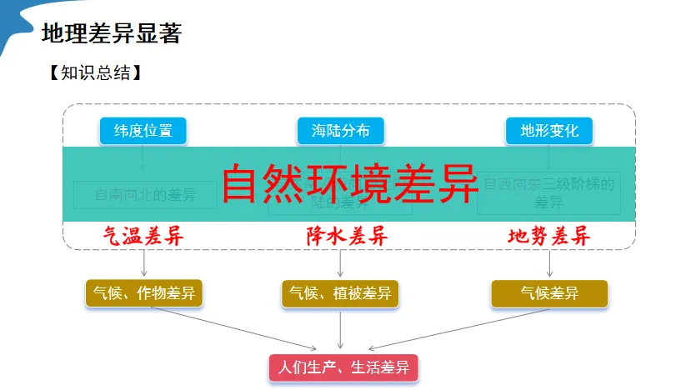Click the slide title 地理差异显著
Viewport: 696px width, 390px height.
111,34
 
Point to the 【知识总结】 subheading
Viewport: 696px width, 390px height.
94,72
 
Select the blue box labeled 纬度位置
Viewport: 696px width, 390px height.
143,131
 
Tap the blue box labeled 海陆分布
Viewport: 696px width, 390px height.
340,131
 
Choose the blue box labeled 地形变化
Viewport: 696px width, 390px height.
549,131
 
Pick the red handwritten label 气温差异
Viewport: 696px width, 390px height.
143,236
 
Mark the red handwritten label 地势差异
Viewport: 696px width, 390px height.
549,236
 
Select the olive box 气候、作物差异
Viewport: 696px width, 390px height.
144,293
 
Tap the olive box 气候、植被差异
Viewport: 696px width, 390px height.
340,293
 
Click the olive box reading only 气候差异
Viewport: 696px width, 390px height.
549,293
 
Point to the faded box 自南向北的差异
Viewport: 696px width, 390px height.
145,196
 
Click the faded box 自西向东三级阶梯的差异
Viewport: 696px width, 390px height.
548,193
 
